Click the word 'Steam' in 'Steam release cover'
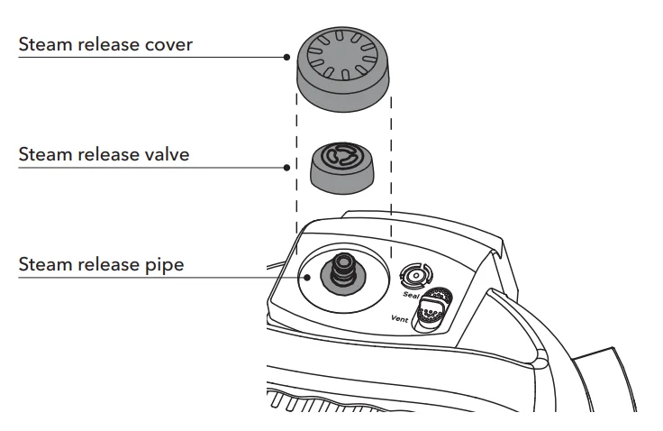click(43, 43)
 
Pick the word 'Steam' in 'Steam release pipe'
click(43, 267)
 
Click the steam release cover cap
click(342, 68)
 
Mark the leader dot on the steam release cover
click(287, 56)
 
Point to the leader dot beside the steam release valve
click(287, 167)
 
